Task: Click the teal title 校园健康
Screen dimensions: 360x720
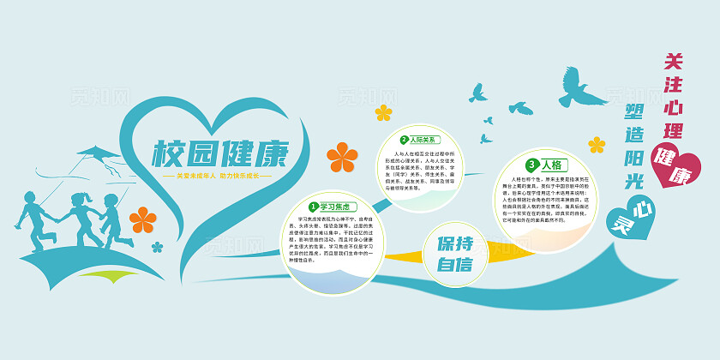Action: coord(220,154)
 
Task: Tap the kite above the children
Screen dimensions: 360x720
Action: coord(98,155)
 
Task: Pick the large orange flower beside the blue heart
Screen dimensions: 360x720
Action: coord(342,157)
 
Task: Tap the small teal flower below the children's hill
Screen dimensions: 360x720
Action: coord(157,247)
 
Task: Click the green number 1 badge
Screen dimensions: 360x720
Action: coord(314,206)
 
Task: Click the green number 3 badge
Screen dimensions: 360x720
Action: coord(532,164)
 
